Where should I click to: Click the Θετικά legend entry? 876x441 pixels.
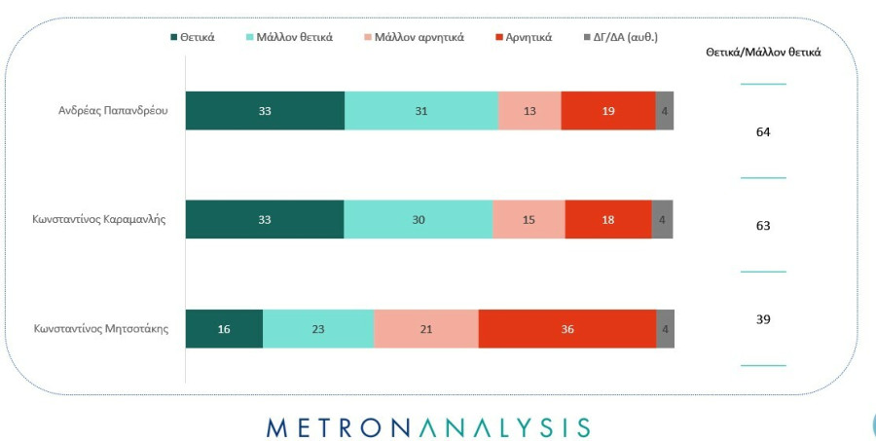point(192,37)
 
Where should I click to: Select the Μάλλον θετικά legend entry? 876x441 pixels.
point(290,37)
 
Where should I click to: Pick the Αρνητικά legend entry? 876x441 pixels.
point(525,37)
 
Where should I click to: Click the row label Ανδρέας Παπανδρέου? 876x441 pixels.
point(113,111)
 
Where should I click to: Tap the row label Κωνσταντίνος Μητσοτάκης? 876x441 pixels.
point(100,329)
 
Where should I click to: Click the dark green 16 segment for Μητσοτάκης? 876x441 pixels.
point(224,329)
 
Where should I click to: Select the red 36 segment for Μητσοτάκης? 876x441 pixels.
point(567,329)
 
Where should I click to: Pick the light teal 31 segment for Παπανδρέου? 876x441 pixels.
point(421,111)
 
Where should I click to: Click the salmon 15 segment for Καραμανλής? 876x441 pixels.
point(529,220)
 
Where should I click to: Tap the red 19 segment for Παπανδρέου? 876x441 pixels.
point(608,111)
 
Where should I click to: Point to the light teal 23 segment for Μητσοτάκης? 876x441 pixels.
point(318,329)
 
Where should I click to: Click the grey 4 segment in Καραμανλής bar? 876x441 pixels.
point(662,220)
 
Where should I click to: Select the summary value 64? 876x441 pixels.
point(763,131)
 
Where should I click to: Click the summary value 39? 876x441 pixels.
point(763,319)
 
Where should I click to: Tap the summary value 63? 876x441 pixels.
point(763,226)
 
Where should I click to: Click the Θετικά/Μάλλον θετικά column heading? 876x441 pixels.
point(763,53)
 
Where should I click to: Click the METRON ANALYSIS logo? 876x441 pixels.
point(428,427)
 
